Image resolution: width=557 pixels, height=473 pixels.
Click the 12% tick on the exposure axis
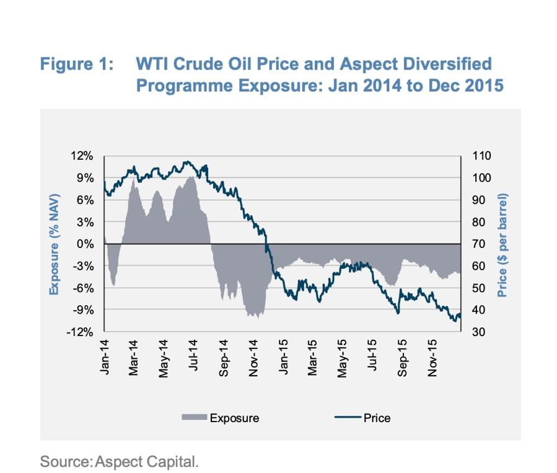pos(84,156)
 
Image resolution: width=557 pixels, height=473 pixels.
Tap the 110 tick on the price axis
pos(482,156)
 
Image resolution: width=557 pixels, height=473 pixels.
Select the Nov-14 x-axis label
pos(253,355)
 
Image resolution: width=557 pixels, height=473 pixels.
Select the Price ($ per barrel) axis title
pos(502,244)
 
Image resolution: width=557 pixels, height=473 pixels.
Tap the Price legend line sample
pos(348,418)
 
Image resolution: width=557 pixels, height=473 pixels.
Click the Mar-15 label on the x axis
pos(313,355)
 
